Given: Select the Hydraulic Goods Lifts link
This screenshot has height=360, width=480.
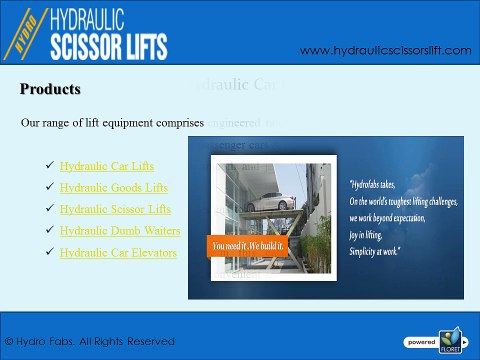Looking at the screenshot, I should coord(112,187).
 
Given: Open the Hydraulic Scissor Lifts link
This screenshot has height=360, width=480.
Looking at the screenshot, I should coord(115,209).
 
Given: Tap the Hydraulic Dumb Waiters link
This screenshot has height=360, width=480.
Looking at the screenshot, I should coord(120,231).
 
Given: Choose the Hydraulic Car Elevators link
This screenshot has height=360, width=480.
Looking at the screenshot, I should coord(118,253).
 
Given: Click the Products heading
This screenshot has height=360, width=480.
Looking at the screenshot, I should coord(50,90).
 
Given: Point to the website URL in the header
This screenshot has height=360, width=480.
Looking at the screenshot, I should coord(385,50).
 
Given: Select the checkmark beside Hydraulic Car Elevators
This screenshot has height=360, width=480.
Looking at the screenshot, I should coord(50,253).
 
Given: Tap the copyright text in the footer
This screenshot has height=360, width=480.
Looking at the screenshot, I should coord(90,341).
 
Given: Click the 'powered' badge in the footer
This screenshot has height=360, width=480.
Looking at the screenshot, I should coord(419,341).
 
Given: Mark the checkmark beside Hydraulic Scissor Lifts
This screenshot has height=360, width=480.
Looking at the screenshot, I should coord(50,209).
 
